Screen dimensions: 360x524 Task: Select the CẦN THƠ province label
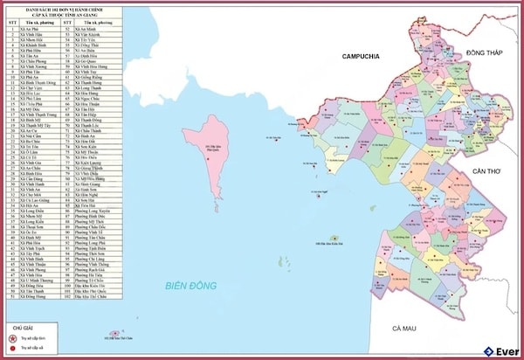[x=487, y=170]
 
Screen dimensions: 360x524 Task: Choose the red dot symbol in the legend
[x=12, y=347]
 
